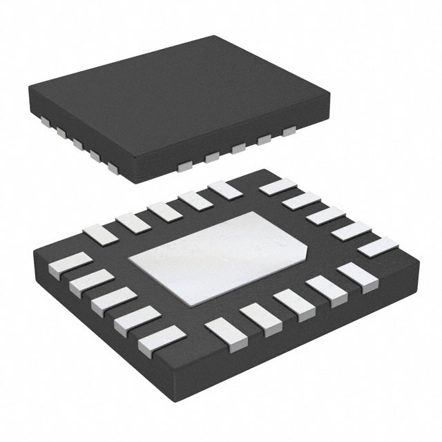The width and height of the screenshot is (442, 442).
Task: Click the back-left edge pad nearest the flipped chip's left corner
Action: click(97, 234)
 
